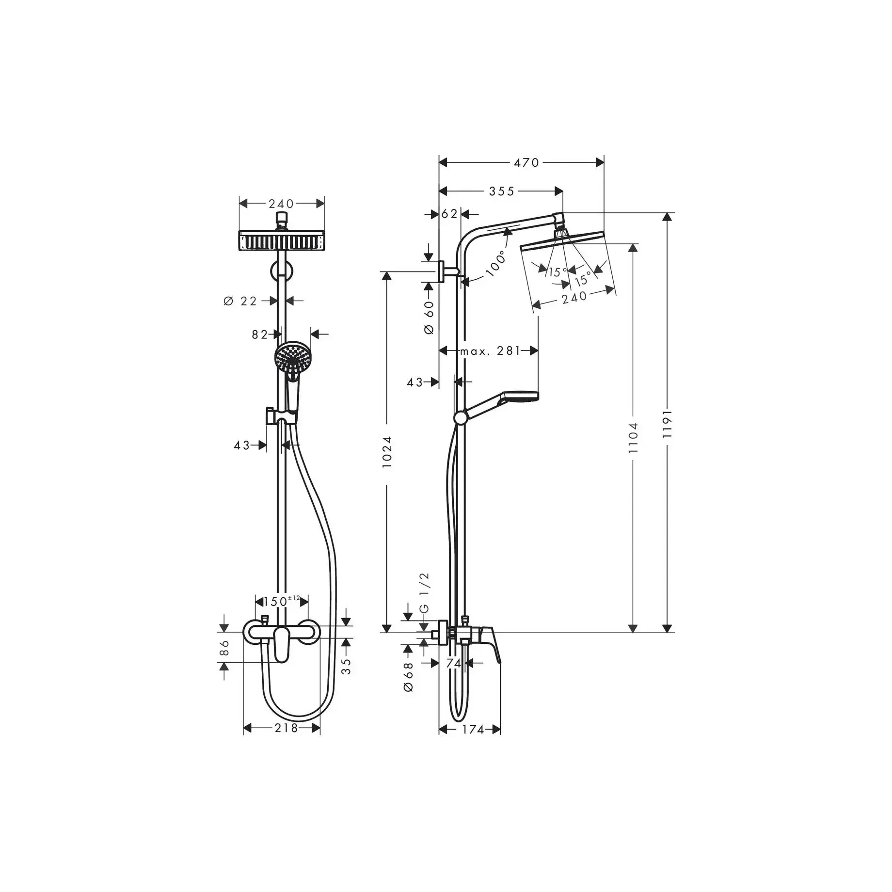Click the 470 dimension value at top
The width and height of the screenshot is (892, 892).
coord(526,163)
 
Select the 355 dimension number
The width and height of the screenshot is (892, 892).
coord(501,191)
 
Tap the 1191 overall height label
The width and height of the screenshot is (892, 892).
coord(668,424)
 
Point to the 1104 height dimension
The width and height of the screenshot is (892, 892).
coord(633,438)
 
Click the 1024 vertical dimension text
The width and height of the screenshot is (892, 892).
coord(387,452)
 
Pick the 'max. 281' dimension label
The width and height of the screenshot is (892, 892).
coord(490,350)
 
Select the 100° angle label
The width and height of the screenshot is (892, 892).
coord(495,264)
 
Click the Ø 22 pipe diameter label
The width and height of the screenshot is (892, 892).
coord(240,301)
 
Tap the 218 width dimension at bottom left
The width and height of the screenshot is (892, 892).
coord(286,741)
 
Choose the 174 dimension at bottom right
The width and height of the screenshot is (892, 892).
coord(473,743)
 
